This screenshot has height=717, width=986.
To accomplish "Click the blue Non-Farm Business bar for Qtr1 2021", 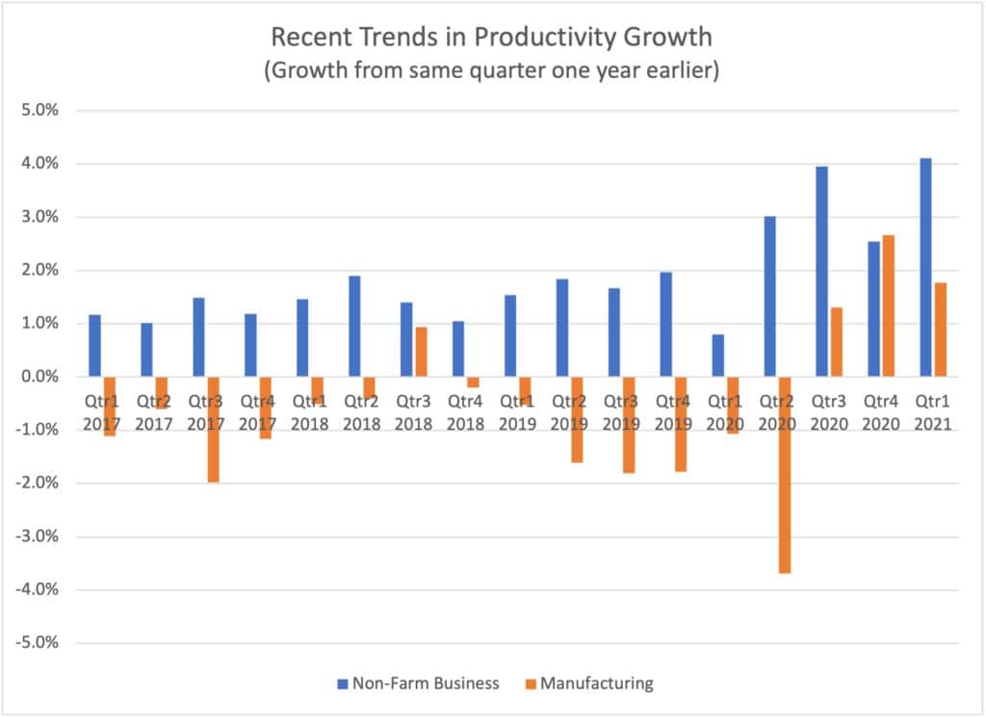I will coord(926,267).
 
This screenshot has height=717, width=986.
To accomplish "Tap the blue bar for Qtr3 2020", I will coord(821,271).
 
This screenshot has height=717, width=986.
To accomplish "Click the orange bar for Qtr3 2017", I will coord(213,429).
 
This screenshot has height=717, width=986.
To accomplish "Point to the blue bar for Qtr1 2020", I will coord(717,356).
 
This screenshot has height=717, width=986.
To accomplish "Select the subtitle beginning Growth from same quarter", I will coord(492,72).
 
